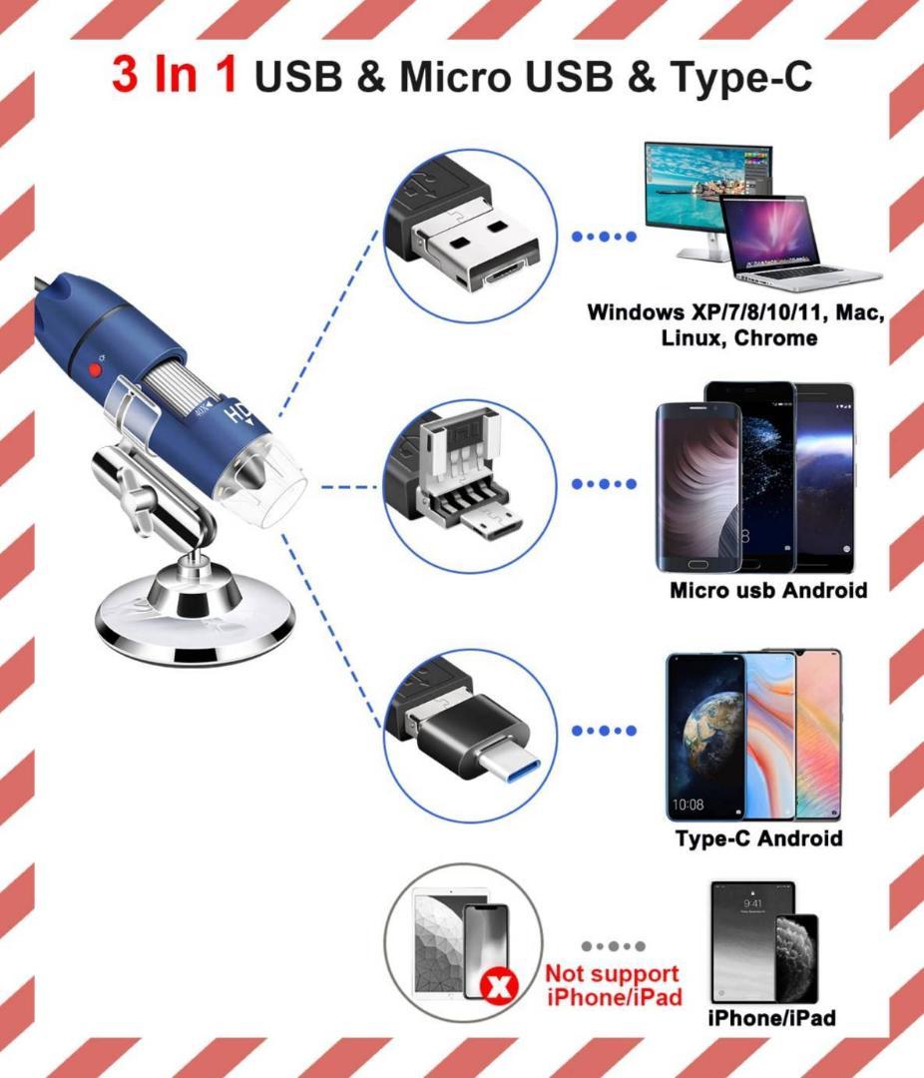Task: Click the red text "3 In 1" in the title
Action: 175,75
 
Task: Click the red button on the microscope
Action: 97,370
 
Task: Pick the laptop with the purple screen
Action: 773,240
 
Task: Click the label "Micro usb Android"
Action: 768,590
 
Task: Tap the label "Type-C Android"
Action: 758,837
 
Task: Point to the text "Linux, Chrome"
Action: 738,338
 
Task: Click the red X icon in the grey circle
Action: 496,987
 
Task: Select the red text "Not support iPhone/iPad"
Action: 613,984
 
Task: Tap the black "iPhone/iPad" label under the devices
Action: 771,1019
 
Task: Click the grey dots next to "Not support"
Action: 613,945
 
